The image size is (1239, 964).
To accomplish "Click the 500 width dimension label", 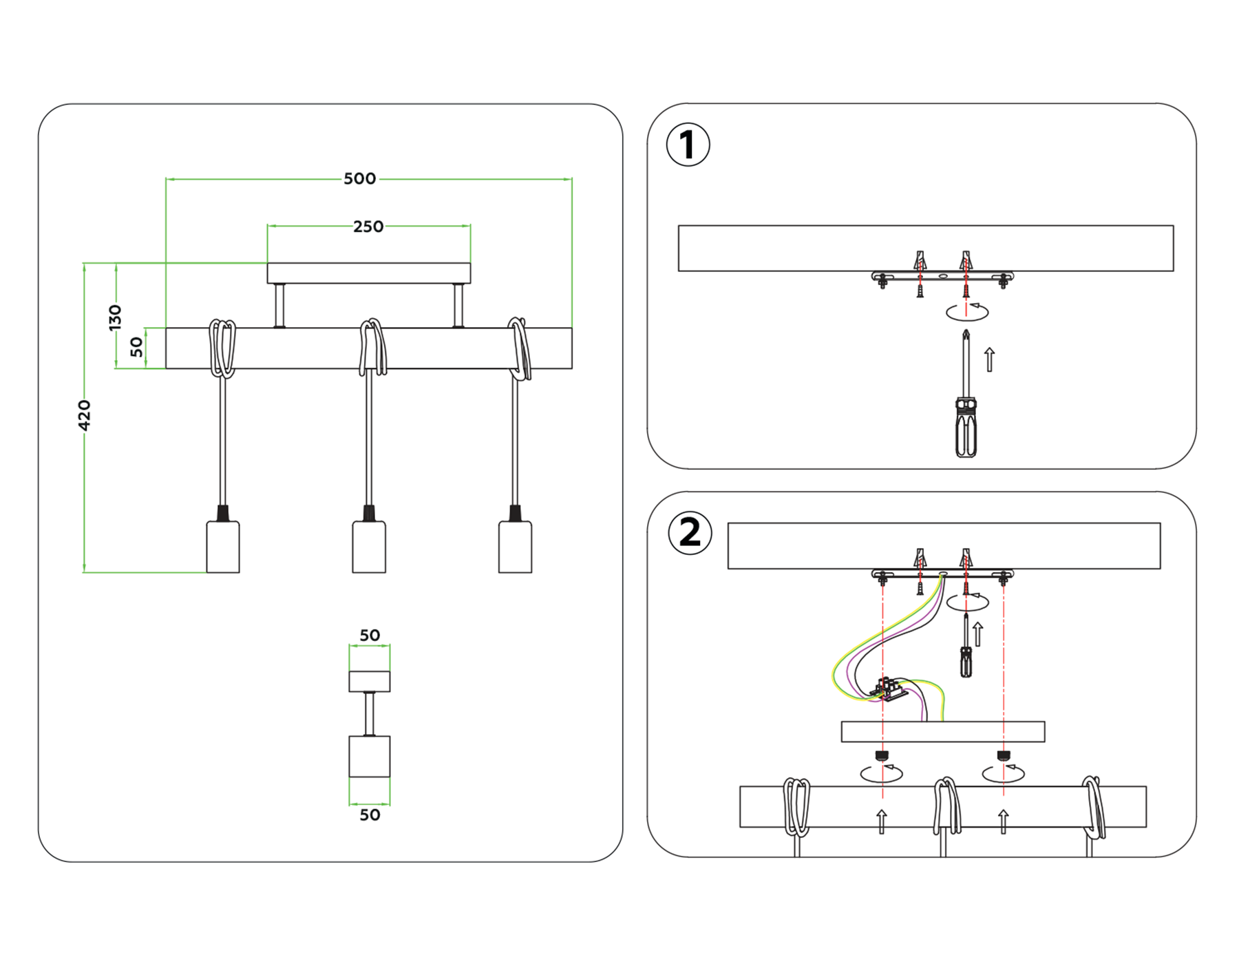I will (359, 179).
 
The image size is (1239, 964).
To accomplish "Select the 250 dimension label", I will (368, 227).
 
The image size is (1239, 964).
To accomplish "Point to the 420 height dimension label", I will (84, 415).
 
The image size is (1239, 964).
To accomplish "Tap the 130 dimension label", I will (115, 317).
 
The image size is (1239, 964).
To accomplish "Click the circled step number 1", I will (688, 145).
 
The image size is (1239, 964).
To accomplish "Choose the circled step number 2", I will (690, 533).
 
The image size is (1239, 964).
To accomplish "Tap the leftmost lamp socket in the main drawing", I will (223, 547).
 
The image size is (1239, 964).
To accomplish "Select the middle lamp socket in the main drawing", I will (369, 547).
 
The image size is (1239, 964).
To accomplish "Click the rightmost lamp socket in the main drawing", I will (515, 547).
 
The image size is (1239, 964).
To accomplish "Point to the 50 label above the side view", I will (370, 636).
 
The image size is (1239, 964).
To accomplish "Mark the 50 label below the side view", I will (370, 815).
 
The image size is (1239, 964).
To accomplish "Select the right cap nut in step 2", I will (1004, 756).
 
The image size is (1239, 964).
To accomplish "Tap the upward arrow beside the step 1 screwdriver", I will (990, 359).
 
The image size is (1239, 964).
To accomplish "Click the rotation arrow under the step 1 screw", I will (967, 311).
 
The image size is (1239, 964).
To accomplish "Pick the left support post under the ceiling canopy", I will (279, 306).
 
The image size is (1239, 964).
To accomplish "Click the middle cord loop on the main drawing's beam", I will (372, 348).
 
